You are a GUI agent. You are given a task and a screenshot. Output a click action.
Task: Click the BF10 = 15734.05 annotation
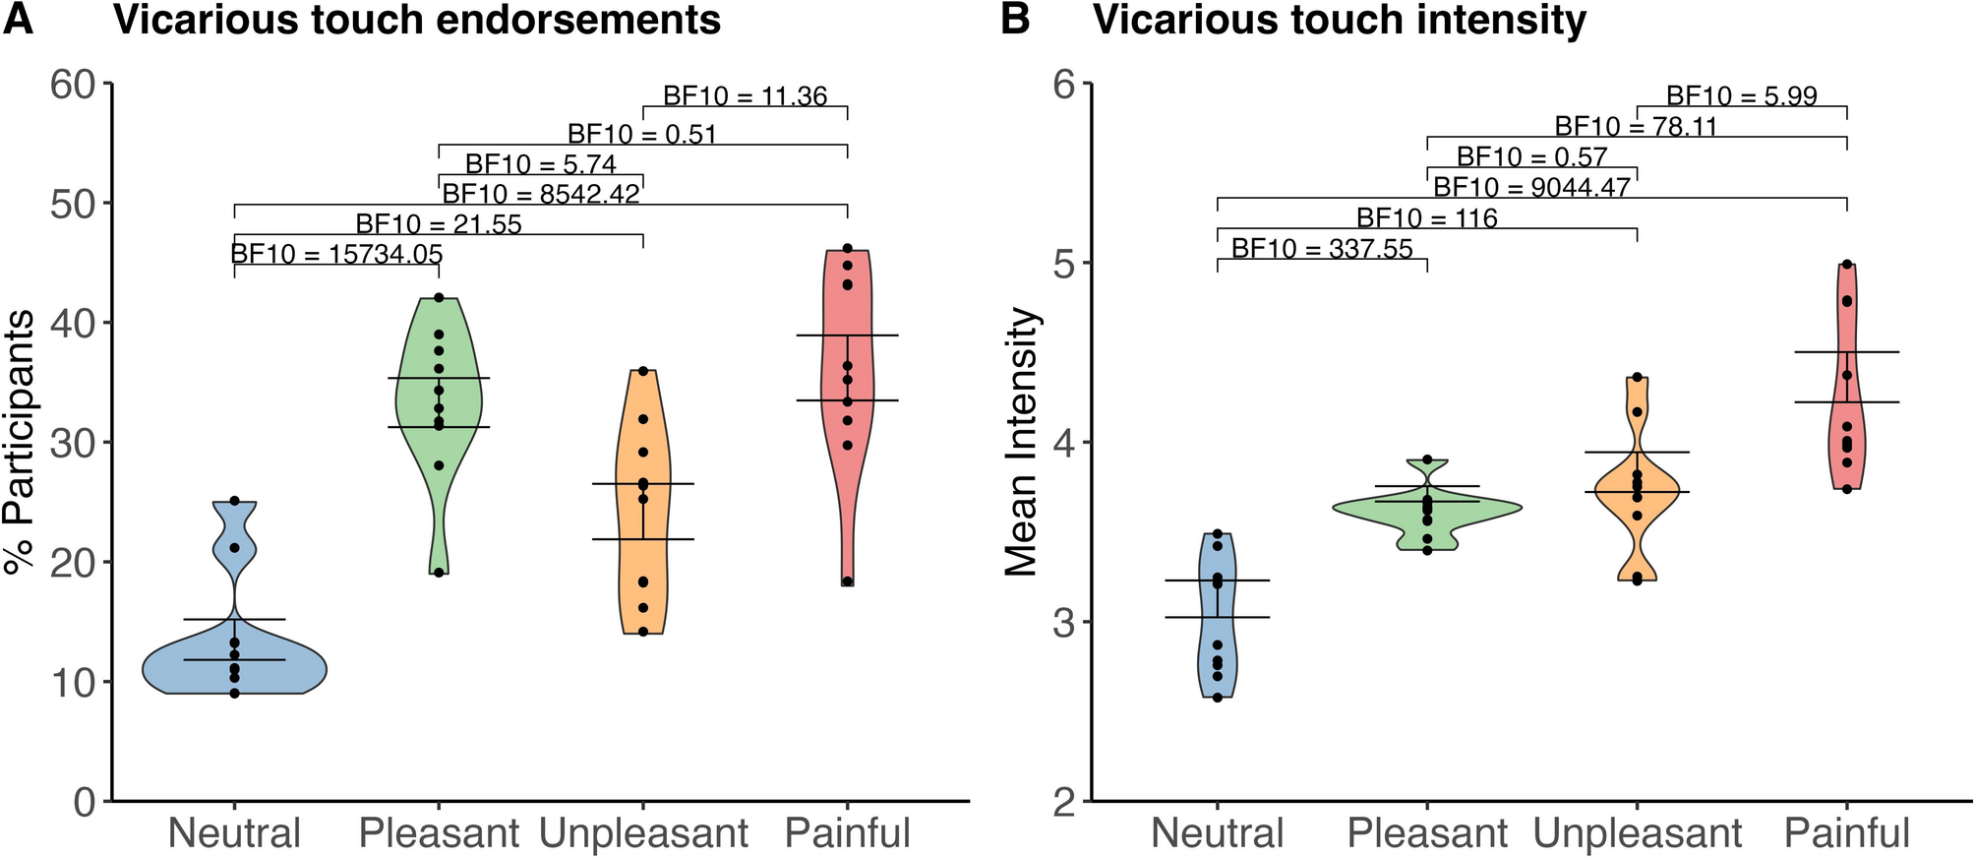336,254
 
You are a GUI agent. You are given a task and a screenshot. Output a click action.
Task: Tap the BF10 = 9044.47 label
1531,187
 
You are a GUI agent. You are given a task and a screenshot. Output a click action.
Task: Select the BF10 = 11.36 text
745,96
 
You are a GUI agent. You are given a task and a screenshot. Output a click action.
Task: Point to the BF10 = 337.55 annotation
1322,249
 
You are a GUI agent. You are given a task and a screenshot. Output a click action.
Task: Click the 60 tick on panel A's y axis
74,85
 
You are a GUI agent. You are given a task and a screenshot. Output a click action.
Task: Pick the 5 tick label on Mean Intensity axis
1066,264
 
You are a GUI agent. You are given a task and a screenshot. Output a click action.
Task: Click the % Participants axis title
20,442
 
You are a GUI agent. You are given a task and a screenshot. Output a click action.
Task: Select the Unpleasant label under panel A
643,833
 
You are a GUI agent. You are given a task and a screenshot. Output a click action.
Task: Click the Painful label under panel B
1846,833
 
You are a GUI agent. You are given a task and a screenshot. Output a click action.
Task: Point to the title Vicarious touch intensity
1340,20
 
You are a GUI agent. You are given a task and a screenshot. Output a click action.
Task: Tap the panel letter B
1014,20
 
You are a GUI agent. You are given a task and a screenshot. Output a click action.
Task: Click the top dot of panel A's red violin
848,249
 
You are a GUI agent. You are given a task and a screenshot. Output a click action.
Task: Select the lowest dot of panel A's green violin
439,573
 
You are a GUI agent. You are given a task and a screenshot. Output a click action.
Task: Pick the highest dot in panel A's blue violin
234,501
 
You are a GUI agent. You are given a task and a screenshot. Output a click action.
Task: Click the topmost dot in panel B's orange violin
1637,377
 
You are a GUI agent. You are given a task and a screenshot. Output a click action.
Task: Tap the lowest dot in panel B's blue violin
1218,698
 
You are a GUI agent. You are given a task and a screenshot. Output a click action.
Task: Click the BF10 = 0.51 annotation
641,134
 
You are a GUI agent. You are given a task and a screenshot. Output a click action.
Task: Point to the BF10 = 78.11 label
1636,127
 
